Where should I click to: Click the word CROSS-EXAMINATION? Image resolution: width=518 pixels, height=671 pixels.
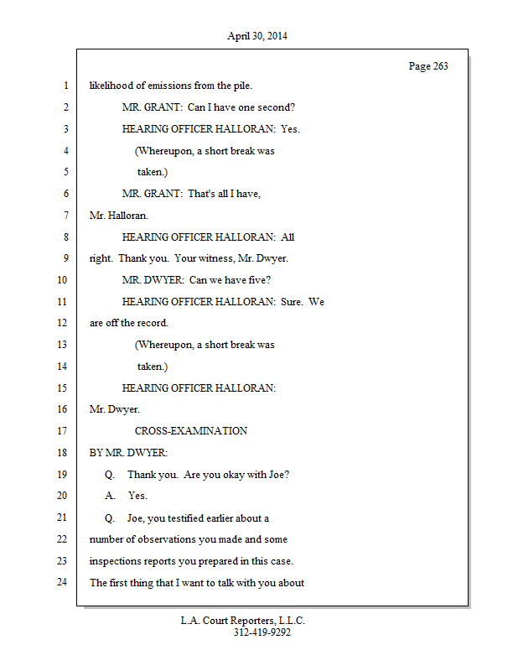(x=190, y=431)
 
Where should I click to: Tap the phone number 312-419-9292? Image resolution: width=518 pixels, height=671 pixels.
(x=262, y=633)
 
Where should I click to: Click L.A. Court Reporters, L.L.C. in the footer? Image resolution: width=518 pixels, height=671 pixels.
(x=243, y=621)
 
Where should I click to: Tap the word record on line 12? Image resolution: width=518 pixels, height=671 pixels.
(x=153, y=323)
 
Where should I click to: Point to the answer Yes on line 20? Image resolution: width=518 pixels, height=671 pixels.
(x=137, y=496)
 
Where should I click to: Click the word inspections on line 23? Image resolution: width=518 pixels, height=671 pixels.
(x=114, y=560)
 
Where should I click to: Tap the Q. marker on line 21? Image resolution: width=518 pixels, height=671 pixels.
(x=110, y=518)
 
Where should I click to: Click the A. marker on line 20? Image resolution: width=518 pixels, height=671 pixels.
(x=110, y=496)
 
